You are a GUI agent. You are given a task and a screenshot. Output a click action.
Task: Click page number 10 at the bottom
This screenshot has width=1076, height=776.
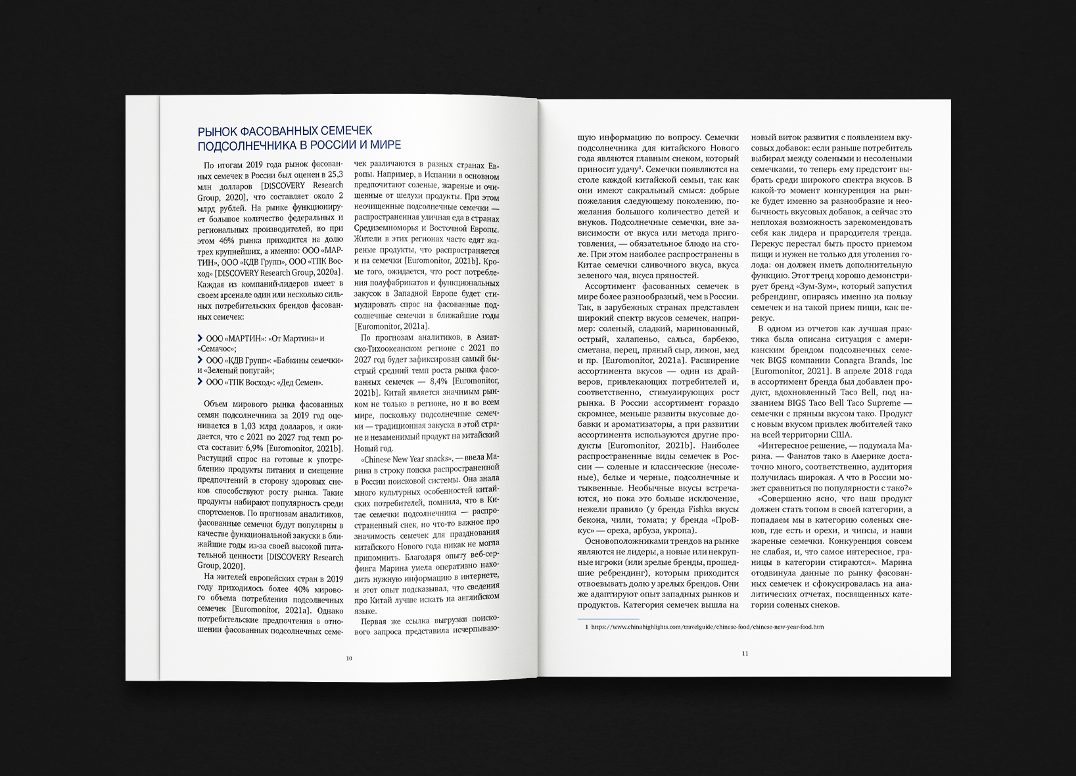(x=349, y=658)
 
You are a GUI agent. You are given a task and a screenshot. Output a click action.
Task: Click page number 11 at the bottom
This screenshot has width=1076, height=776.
(x=745, y=653)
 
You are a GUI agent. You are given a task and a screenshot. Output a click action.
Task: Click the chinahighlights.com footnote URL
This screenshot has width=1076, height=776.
(x=707, y=627)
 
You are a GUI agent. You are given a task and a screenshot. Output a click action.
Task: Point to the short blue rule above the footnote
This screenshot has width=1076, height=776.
(x=608, y=618)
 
